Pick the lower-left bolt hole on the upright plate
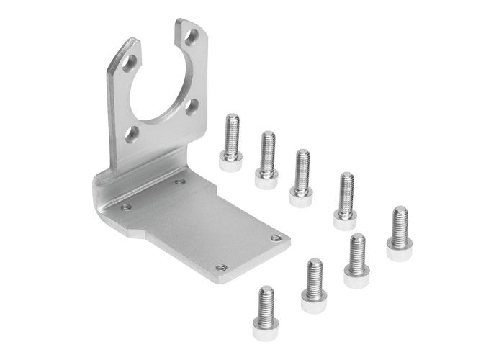coord(132,133)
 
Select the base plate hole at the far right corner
coord(276,237)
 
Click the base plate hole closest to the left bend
coord(126,207)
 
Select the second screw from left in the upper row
coord(267,159)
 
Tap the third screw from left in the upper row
coord(301,177)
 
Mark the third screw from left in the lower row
coord(356,261)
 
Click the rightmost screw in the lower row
coord(399,233)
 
